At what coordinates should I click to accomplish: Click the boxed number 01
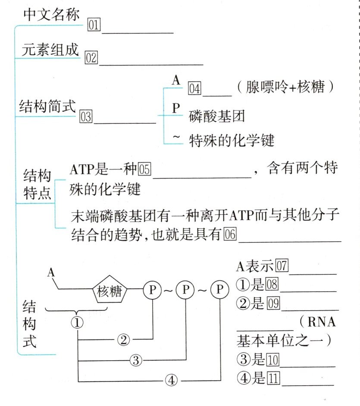[94, 25]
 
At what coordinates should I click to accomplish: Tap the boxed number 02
[91, 57]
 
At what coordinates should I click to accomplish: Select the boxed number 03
[86, 116]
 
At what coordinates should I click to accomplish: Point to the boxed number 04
[194, 89]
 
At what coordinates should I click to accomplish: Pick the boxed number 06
[230, 235]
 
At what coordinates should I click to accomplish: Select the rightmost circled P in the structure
[220, 290]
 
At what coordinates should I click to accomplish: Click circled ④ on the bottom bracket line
[172, 381]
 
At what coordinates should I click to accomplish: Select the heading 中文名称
[51, 15]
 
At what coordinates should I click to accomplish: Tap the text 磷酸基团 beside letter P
[217, 116]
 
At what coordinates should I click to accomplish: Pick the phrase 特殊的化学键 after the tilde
[232, 140]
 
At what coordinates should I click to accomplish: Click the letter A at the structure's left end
[51, 273]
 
